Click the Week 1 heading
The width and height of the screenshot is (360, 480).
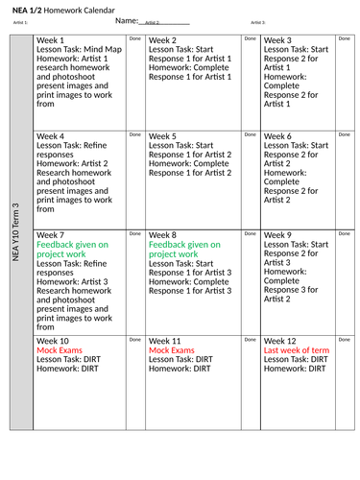(x=50, y=40)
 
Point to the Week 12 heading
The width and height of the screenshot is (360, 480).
(x=281, y=341)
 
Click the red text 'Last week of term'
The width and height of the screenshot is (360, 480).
(x=296, y=351)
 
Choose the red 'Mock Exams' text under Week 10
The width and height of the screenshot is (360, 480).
(x=60, y=351)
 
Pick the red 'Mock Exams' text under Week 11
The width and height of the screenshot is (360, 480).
(x=172, y=351)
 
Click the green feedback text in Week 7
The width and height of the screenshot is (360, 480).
(x=72, y=250)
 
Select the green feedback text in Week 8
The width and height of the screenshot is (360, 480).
(x=184, y=250)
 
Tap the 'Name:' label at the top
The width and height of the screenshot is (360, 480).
(x=126, y=20)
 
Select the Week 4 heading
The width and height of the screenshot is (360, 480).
(x=50, y=137)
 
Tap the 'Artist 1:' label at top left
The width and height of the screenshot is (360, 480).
(x=20, y=21)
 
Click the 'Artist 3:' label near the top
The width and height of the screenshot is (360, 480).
(x=257, y=21)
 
